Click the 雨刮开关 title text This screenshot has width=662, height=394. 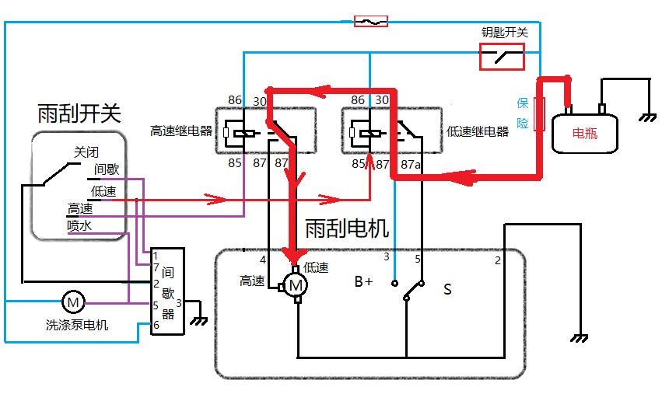pyautogui.click(x=79, y=113)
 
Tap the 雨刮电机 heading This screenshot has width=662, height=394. pyautogui.click(x=347, y=228)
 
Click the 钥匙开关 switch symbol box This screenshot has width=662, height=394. pyautogui.click(x=501, y=56)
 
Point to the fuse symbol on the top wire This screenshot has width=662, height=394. pyautogui.click(x=370, y=21)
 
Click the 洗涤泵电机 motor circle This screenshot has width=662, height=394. pyautogui.click(x=72, y=302)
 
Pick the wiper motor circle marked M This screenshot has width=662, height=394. pyautogui.click(x=296, y=286)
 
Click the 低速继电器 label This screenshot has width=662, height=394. pyautogui.click(x=478, y=131)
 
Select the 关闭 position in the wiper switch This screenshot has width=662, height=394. pyautogui.click(x=86, y=152)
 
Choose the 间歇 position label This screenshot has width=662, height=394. pyautogui.click(x=107, y=169)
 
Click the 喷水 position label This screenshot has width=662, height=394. pyautogui.click(x=80, y=225)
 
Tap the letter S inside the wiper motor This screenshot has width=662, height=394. pyautogui.click(x=447, y=289)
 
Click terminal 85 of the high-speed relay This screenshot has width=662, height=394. pyautogui.click(x=235, y=163)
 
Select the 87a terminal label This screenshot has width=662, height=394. pyautogui.click(x=412, y=163)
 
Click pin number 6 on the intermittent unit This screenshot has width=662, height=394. pyautogui.click(x=156, y=324)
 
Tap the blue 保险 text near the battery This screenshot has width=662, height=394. pyautogui.click(x=524, y=113)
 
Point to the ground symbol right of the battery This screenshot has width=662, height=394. pyautogui.click(x=645, y=118)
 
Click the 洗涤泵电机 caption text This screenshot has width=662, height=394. pyautogui.click(x=77, y=325)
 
